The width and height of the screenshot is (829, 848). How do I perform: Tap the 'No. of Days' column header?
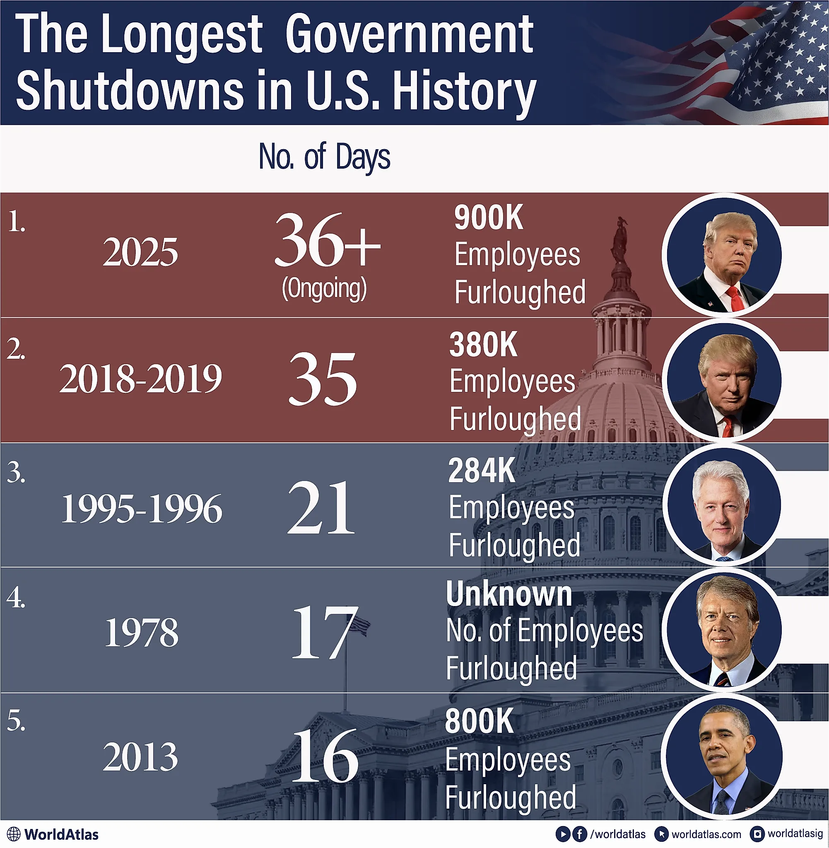tap(324, 157)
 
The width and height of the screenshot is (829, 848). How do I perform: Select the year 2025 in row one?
tap(140, 252)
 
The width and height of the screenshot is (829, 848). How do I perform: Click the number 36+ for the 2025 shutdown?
tap(327, 240)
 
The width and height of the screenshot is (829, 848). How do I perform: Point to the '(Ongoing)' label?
tap(324, 288)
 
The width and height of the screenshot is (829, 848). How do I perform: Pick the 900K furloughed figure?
tap(488, 217)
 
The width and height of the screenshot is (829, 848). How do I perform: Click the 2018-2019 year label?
tap(140, 379)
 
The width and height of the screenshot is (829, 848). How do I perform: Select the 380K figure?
tap(483, 345)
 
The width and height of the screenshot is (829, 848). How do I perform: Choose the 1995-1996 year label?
tap(141, 509)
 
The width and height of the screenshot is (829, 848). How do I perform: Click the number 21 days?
tap(321, 508)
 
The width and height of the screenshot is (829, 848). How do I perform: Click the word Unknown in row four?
tap(508, 594)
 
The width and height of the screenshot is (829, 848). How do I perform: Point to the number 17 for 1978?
tap(324, 633)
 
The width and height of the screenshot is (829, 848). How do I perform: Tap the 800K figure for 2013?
tap(479, 721)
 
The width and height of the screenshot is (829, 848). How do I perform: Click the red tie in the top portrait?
tap(735, 299)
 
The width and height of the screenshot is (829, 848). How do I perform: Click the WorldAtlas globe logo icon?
tap(14, 834)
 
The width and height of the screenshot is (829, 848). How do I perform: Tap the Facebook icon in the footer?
tap(579, 834)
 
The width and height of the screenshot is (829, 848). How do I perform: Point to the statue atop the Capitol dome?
tap(620, 237)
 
